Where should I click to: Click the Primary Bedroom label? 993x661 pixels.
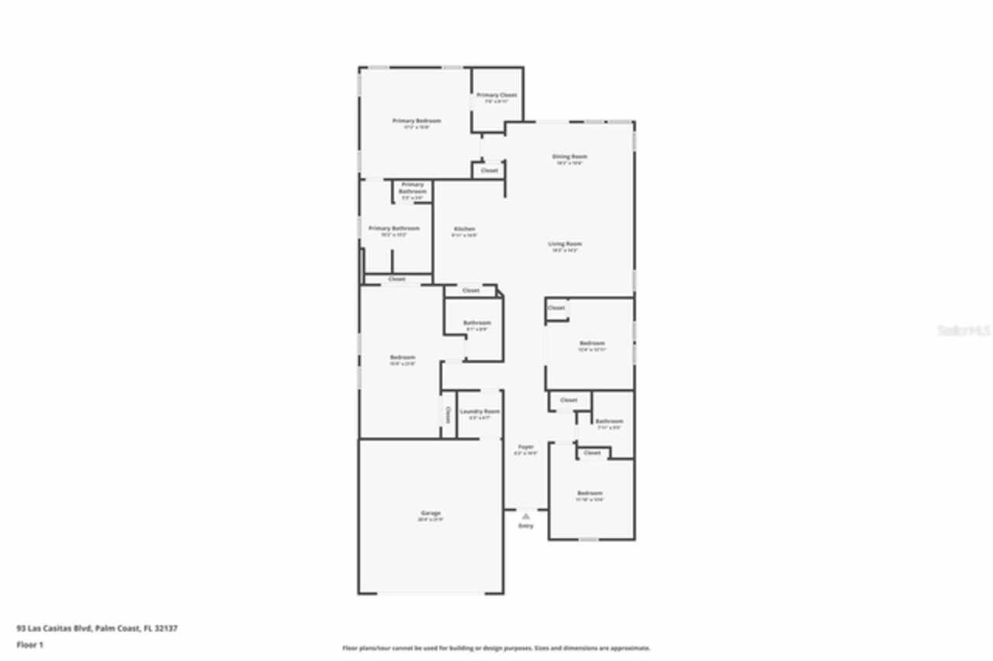[x=417, y=121]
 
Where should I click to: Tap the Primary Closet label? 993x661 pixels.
[x=496, y=95]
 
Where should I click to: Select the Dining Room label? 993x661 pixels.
[x=569, y=157]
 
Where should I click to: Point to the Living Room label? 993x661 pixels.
[x=566, y=244]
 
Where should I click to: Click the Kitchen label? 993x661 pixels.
[x=465, y=230]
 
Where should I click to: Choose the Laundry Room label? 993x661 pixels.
[x=479, y=411]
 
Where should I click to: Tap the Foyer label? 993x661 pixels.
[x=526, y=447]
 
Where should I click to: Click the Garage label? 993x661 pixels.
[x=431, y=513]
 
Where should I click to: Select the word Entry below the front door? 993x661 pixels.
[x=526, y=526]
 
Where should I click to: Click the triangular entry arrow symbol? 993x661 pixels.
[x=526, y=515]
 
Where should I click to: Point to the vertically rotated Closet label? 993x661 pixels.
[x=448, y=414]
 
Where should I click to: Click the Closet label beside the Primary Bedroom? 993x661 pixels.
[x=490, y=171]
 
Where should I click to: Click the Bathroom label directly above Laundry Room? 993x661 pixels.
[x=477, y=323]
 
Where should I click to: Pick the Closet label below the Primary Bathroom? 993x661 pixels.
[x=396, y=279]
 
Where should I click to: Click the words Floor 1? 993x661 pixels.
[x=30, y=645]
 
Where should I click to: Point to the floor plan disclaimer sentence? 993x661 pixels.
[x=496, y=648]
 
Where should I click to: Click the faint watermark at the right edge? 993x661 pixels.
[x=964, y=330]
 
